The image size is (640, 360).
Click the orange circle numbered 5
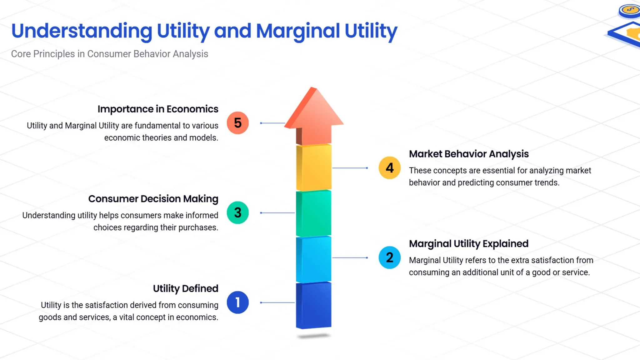pyautogui.click(x=238, y=123)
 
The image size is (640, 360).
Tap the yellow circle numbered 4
pyautogui.click(x=389, y=168)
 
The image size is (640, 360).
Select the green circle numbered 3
pyautogui.click(x=238, y=213)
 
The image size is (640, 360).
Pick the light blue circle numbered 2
pyautogui.click(x=389, y=257)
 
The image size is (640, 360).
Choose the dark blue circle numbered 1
pyautogui.click(x=238, y=302)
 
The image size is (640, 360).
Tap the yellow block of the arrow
pyautogui.click(x=314, y=167)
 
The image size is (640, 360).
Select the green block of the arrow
pyautogui.click(x=314, y=213)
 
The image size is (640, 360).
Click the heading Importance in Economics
pyautogui.click(x=158, y=109)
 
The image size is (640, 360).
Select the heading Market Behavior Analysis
pyautogui.click(x=469, y=154)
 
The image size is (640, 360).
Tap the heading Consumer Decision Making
pyautogui.click(x=153, y=199)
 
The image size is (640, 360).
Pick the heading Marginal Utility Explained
pyautogui.click(x=469, y=243)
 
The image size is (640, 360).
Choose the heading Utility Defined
pyautogui.click(x=186, y=288)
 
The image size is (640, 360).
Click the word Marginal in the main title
pyautogui.click(x=298, y=31)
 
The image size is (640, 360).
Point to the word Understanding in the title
pyautogui.click(x=82, y=31)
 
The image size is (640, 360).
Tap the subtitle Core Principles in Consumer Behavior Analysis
pyautogui.click(x=110, y=54)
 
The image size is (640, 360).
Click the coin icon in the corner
pyautogui.click(x=630, y=10)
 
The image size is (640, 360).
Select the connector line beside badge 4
pyautogui.click(x=350, y=168)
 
